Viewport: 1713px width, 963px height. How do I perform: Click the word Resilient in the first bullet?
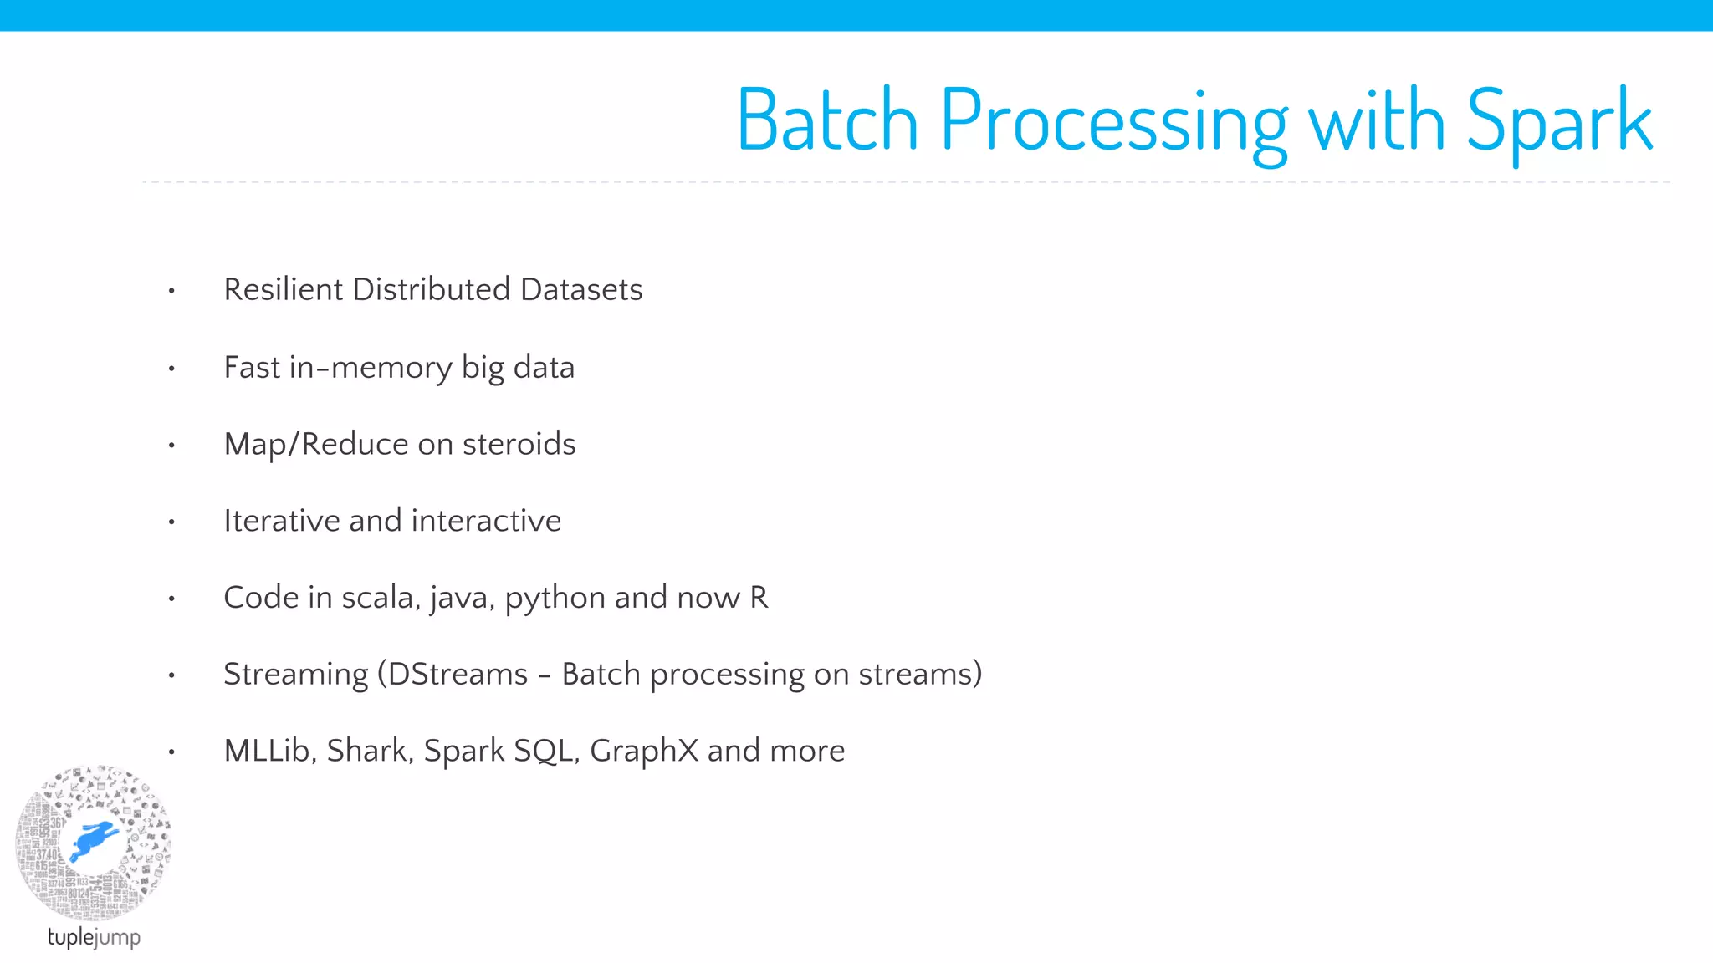284,289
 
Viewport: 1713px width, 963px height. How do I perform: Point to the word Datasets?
581,289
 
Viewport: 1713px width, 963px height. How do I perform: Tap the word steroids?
519,444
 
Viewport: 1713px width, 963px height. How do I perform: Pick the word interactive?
486,521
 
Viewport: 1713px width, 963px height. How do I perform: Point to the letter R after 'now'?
759,598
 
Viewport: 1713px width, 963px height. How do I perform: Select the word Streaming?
295,674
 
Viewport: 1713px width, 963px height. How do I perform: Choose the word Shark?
369,751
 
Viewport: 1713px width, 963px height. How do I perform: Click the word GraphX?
643,751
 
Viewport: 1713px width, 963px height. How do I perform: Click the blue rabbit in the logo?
93,839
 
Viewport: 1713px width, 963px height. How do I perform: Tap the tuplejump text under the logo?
94,937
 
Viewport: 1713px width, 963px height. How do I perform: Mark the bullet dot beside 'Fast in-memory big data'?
171,368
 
